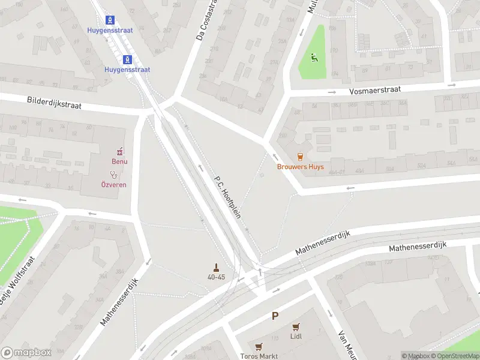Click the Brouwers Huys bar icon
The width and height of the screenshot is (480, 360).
300,157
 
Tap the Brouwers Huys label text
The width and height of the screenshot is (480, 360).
300,167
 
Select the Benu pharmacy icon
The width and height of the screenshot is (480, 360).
119,151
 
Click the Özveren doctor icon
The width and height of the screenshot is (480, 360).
113,175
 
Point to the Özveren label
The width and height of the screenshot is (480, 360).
113,184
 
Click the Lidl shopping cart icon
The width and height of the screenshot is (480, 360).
295,327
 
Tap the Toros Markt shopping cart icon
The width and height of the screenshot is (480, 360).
259,347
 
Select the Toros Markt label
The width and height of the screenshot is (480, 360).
259,356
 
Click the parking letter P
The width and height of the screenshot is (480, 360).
275,316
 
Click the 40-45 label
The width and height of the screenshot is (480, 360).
216,277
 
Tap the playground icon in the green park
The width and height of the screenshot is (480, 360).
313,58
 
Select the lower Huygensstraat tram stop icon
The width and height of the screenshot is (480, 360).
127,59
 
